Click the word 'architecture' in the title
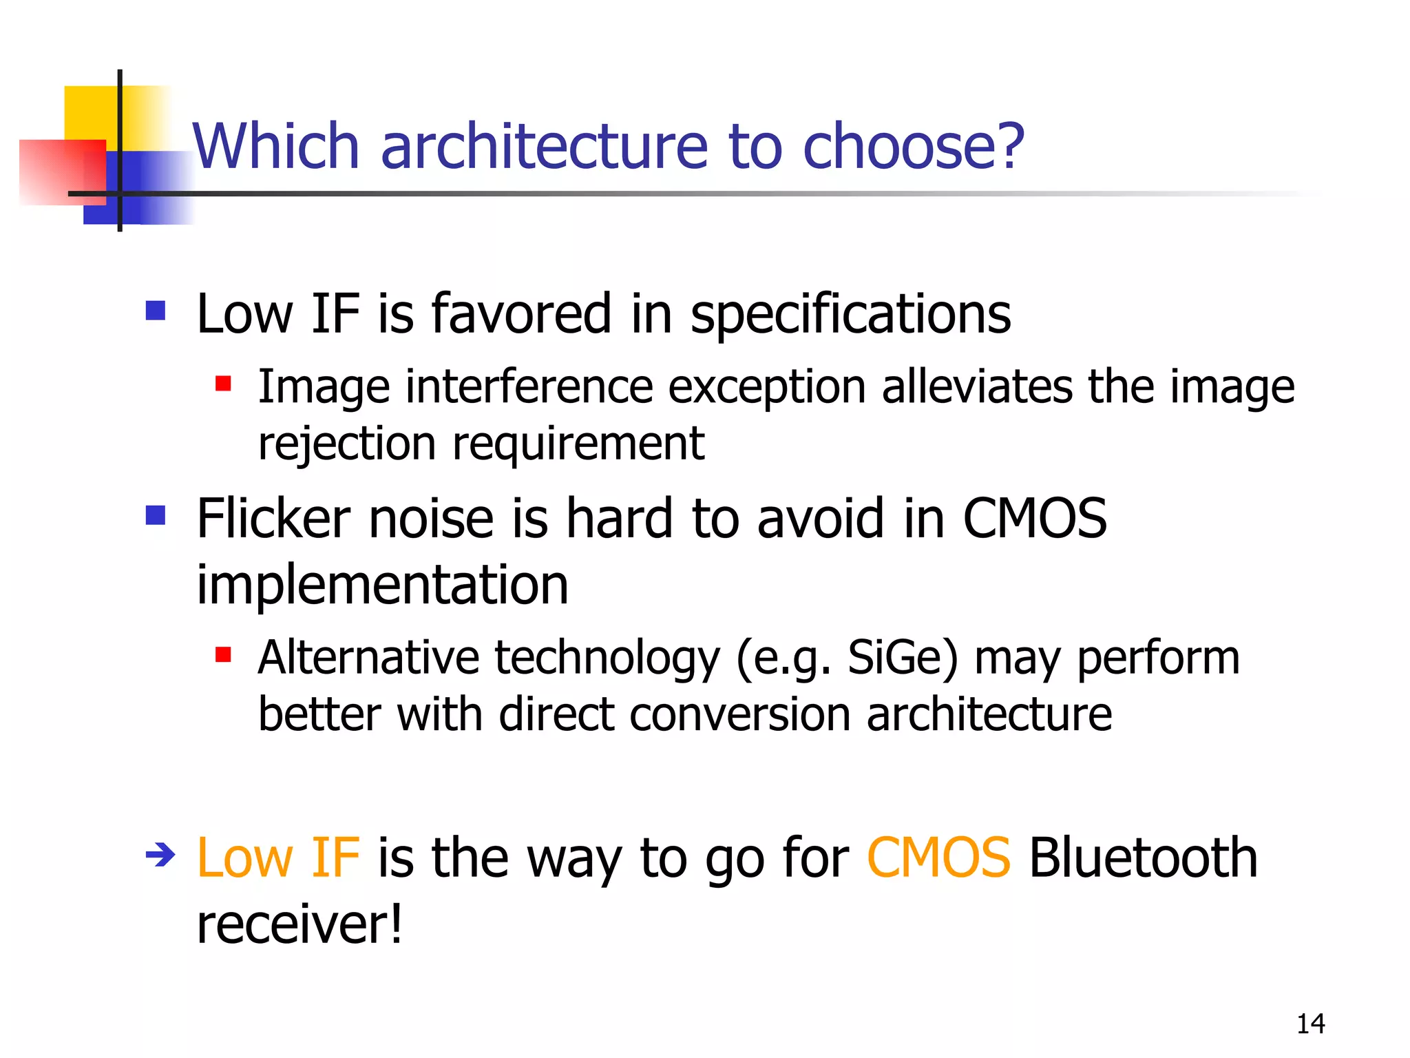(x=544, y=146)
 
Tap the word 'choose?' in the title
(x=914, y=146)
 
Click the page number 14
(x=1310, y=1024)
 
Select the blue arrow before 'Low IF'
(x=160, y=855)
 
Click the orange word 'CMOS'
(x=938, y=858)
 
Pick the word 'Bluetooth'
(x=1143, y=858)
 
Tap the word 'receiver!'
(x=299, y=924)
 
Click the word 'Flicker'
(x=273, y=518)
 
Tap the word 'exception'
(x=767, y=386)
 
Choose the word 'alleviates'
(x=976, y=386)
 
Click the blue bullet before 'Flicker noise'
(x=156, y=515)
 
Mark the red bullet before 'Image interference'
(x=222, y=383)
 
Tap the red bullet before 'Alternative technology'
(x=222, y=654)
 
